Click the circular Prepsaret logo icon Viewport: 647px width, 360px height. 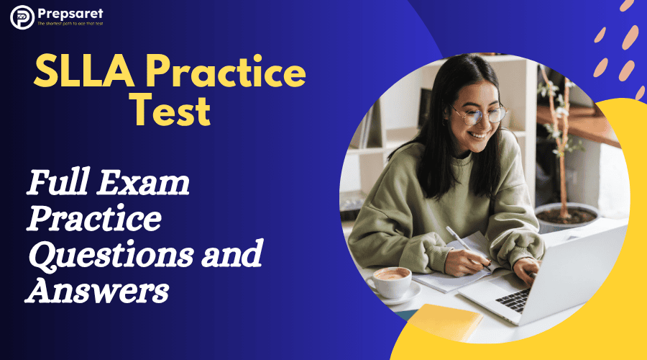(22, 17)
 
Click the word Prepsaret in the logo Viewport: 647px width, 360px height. (70, 14)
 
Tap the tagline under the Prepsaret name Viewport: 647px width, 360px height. (70, 24)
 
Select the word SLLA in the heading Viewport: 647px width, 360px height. (84, 71)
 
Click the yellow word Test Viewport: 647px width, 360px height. (171, 110)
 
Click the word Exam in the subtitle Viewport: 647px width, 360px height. (143, 182)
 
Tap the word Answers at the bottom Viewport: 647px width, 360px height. (97, 290)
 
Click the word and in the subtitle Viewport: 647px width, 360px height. (232, 253)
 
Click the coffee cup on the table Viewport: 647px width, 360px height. (389, 282)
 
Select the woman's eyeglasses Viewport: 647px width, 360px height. (479, 114)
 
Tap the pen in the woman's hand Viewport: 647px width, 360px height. (468, 248)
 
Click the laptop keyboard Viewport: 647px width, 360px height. (513, 300)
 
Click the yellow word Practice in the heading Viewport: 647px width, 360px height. (225, 71)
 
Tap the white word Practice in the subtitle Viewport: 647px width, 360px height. (94, 218)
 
